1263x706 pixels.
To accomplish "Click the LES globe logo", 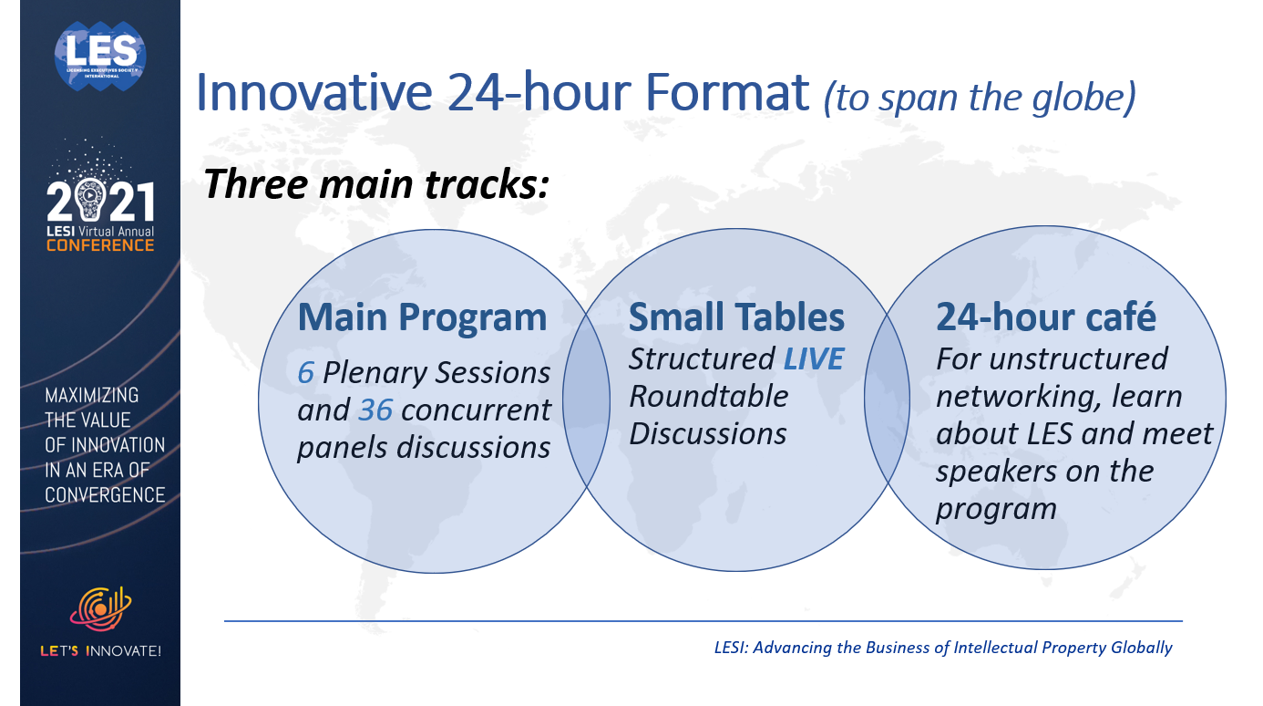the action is tap(100, 56).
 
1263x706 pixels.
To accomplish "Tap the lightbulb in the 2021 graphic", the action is tap(89, 199).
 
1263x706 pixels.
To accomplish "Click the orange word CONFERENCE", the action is tap(100, 245).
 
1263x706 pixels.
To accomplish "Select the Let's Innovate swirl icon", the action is tap(101, 608).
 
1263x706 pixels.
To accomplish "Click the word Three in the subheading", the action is tap(256, 184).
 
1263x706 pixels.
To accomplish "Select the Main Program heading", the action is tap(422, 317).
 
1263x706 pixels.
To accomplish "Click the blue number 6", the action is tap(305, 372).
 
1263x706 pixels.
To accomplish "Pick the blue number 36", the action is tap(375, 410).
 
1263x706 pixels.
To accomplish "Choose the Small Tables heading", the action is tap(736, 317).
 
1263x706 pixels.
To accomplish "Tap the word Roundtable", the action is tap(709, 396).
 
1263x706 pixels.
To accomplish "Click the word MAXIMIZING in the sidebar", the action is tap(91, 396).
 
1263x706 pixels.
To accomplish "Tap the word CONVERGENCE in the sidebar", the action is tap(105, 495).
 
